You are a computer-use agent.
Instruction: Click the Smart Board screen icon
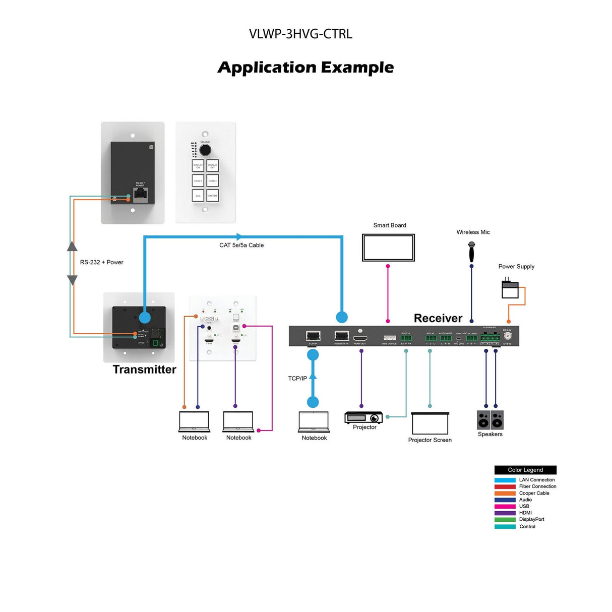388,248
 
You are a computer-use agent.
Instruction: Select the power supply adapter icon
510,289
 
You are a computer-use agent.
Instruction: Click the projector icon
363,417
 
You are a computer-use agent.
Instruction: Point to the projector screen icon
430,423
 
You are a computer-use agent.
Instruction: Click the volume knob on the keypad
205,150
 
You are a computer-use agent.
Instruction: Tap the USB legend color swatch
505,506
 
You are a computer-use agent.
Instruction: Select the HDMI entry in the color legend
525,513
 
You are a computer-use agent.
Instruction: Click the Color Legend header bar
525,469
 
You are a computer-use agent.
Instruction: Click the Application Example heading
305,67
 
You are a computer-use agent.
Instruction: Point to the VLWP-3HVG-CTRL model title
300,34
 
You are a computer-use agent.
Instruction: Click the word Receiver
438,318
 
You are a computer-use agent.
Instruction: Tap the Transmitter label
144,370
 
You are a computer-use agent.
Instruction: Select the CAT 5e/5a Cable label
241,245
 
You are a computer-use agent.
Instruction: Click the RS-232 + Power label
101,262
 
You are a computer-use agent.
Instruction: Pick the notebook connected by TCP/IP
314,422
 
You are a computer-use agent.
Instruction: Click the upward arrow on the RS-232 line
72,247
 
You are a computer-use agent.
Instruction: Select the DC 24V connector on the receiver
508,336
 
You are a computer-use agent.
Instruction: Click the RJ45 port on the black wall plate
140,195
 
